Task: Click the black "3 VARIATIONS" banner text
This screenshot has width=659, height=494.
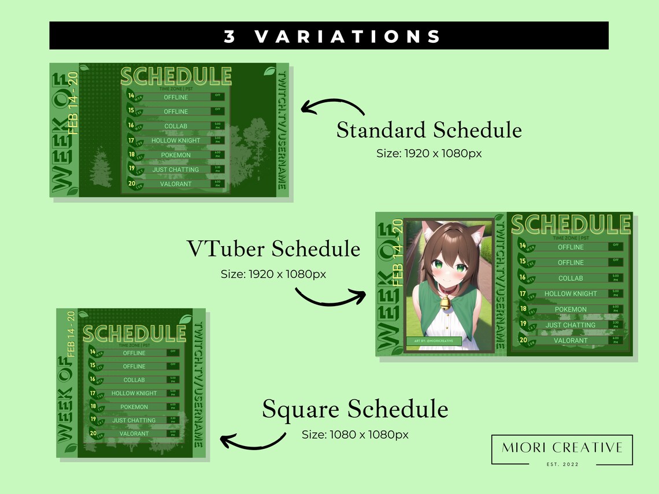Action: pyautogui.click(x=332, y=36)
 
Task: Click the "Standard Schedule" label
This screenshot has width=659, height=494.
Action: pyautogui.click(x=429, y=130)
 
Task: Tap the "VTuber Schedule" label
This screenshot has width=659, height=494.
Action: pyautogui.click(x=273, y=249)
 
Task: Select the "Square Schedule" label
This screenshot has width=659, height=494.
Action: pyautogui.click(x=355, y=409)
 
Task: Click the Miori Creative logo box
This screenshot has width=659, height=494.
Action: pyautogui.click(x=562, y=450)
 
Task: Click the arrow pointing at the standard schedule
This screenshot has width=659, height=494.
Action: pyautogui.click(x=332, y=107)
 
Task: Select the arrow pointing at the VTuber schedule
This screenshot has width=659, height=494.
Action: pyautogui.click(x=329, y=297)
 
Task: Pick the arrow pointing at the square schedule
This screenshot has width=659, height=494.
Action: pyautogui.click(x=253, y=441)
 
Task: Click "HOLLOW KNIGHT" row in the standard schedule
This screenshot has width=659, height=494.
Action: pyautogui.click(x=176, y=140)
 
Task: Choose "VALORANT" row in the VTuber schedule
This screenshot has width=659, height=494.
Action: pyautogui.click(x=571, y=340)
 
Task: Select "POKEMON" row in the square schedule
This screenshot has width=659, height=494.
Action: pyautogui.click(x=134, y=407)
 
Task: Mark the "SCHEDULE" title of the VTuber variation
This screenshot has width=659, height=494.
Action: pyautogui.click(x=571, y=224)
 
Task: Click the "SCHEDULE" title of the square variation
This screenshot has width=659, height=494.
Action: pyautogui.click(x=134, y=333)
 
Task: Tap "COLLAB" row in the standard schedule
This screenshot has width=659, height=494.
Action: pyautogui.click(x=176, y=126)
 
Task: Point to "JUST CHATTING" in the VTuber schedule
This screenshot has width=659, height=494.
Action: pyautogui.click(x=571, y=325)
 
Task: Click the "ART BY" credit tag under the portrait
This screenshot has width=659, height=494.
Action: pyautogui.click(x=434, y=341)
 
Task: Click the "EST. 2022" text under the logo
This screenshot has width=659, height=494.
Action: pyautogui.click(x=562, y=463)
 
